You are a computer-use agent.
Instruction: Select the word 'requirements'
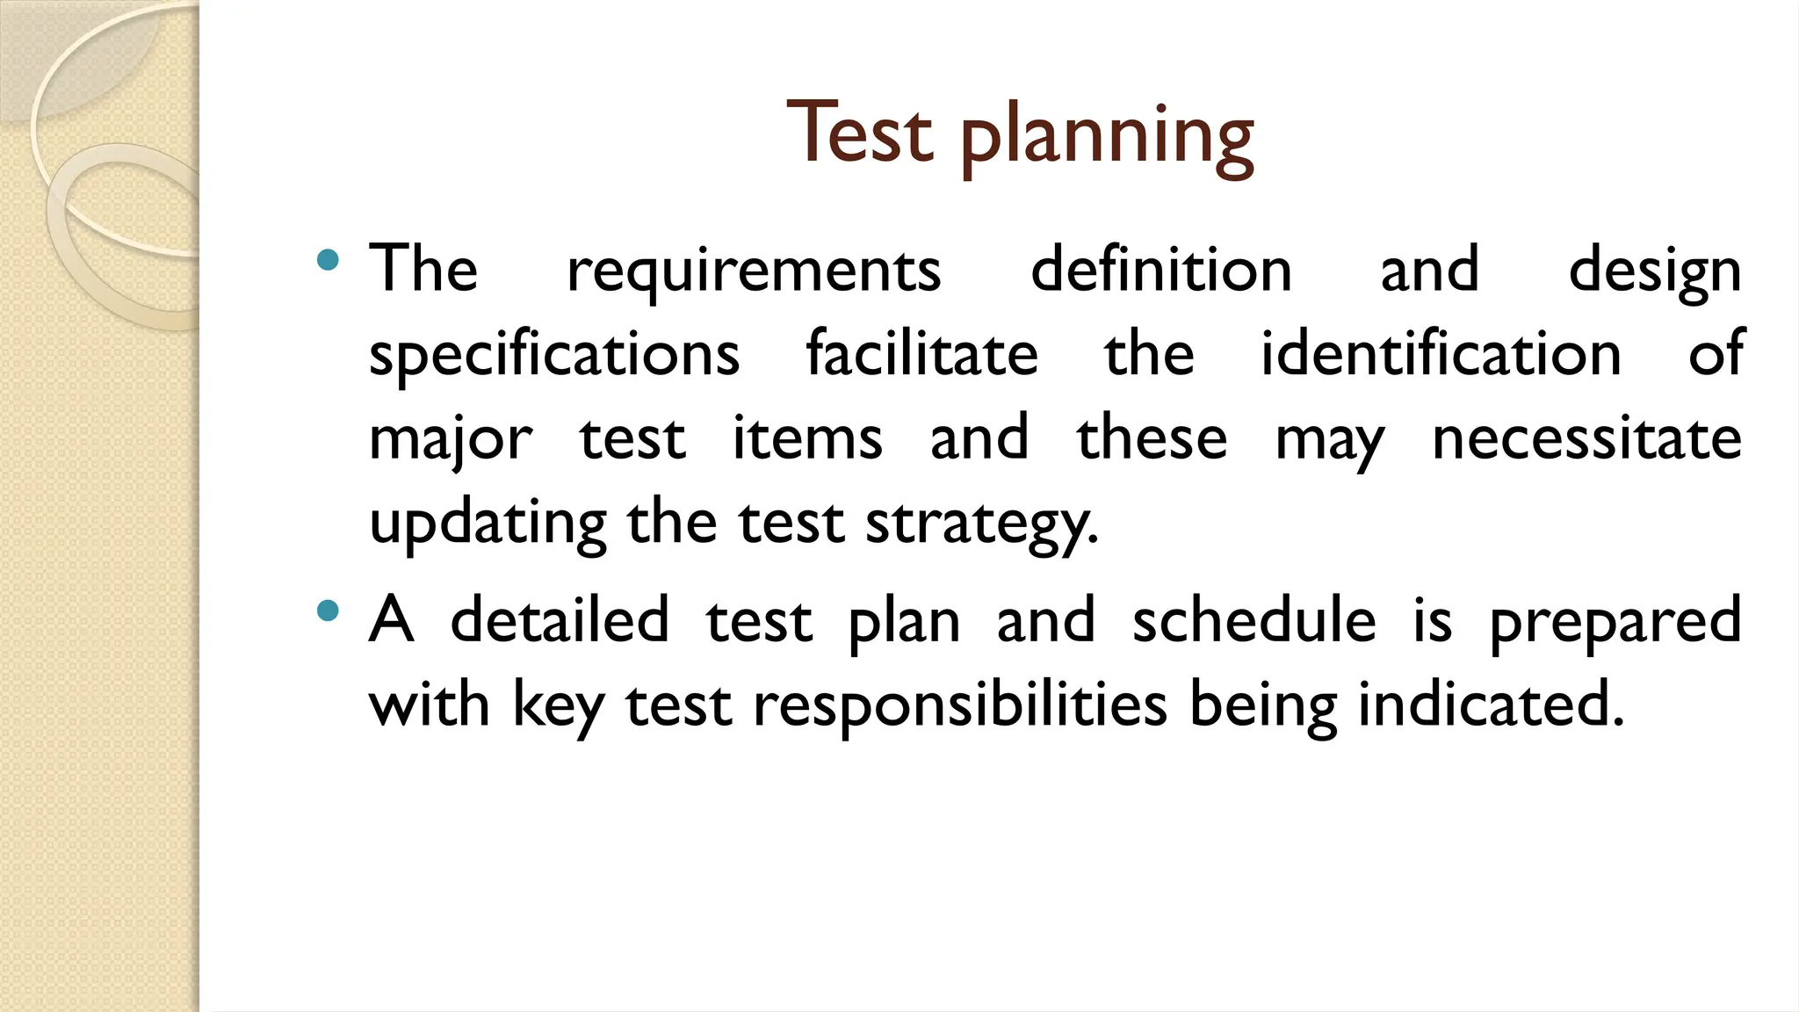[754, 271]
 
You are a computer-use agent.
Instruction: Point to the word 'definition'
[1160, 269]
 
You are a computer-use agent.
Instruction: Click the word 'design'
[1654, 271]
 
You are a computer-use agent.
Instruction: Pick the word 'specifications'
[554, 354]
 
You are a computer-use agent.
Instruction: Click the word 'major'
[450, 439]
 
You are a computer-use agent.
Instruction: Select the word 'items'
[807, 437]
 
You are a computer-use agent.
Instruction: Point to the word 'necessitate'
[1586, 437]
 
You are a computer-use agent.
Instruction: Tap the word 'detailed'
[560, 619]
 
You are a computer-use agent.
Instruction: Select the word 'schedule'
[1254, 619]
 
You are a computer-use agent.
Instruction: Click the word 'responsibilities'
[960, 705]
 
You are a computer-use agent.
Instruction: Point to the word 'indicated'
[1490, 705]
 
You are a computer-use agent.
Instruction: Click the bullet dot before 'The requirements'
[328, 259]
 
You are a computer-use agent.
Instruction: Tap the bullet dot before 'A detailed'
[328, 611]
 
